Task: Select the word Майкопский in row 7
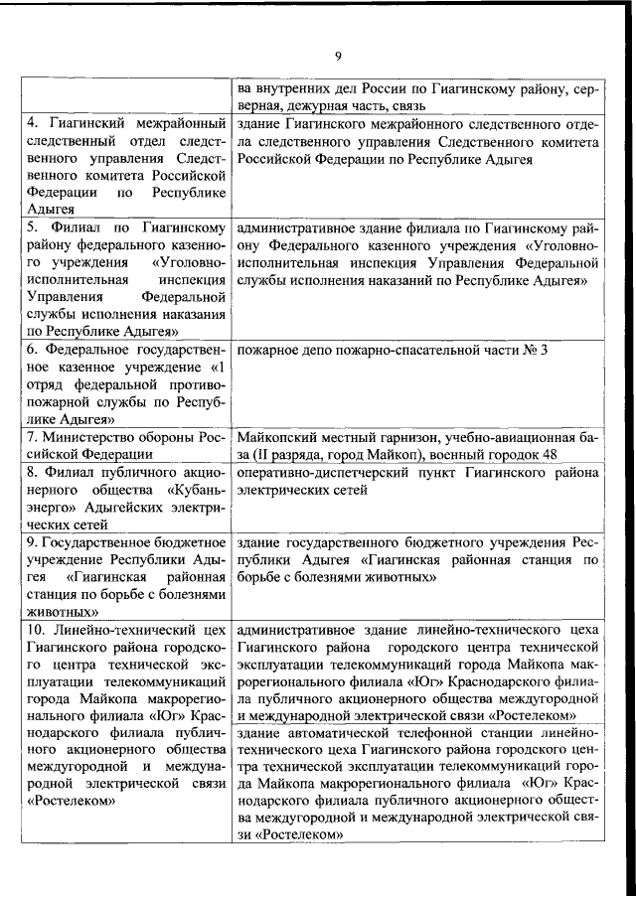pos(274,437)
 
